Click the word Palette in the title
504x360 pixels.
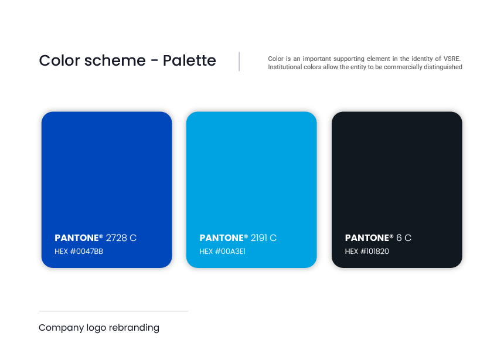coord(189,60)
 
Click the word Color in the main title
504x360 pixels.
coord(59,60)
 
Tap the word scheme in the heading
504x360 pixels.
coord(115,60)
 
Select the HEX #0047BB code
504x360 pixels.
coord(79,252)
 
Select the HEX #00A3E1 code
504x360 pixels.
coord(223,252)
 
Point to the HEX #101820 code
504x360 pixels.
coord(367,252)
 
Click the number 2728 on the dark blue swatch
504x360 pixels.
coord(117,237)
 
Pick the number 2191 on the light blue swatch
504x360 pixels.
coord(259,237)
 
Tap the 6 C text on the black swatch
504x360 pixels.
coord(404,237)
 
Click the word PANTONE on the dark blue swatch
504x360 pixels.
coord(77,237)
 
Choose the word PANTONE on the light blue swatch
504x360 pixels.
coord(222,237)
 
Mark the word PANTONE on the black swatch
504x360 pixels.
coord(367,237)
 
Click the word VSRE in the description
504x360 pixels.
coord(452,59)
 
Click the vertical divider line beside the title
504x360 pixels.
coord(239,61)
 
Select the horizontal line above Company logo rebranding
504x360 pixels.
coord(113,311)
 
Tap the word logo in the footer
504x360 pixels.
coord(96,328)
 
